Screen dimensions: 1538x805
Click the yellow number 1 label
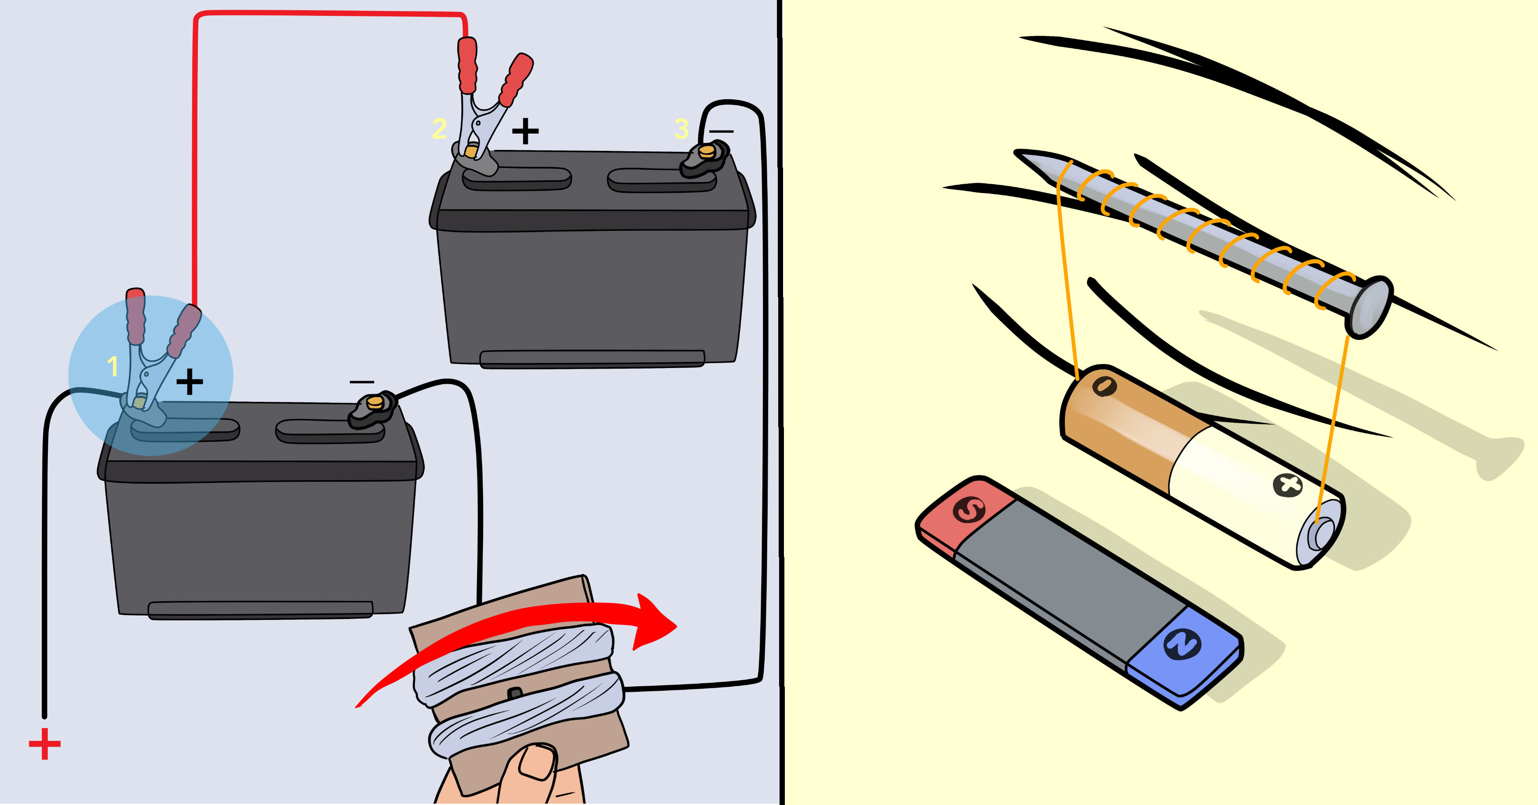click(112, 366)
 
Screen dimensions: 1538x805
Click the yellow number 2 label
click(439, 128)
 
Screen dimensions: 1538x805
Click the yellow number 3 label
click(681, 128)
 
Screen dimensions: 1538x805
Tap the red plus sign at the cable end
click(45, 744)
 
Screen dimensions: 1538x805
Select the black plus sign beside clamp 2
click(525, 131)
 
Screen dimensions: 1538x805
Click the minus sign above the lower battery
click(362, 382)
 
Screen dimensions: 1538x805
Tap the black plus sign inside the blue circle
click(190, 382)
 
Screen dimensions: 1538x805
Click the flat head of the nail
click(1370, 307)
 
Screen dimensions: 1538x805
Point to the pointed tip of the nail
click(1016, 153)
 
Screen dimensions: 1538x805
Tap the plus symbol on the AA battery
click(1288, 485)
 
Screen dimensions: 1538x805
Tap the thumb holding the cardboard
click(536, 761)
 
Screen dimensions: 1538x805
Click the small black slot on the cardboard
click(515, 693)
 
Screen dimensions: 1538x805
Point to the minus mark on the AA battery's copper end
click(1104, 386)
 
